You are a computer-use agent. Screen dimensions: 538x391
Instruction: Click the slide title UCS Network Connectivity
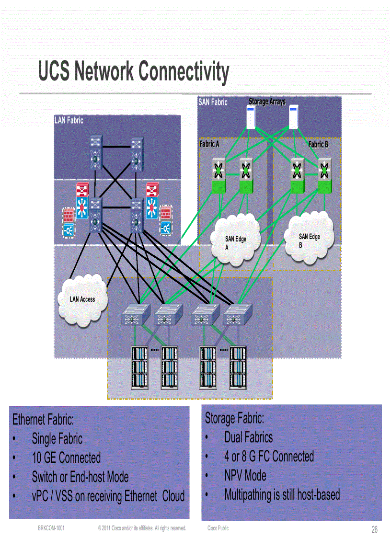point(134,71)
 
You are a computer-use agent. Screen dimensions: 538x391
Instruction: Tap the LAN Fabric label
point(69,120)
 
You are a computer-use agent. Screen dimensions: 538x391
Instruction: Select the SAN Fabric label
point(213,102)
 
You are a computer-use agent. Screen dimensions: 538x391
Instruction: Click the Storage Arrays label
point(267,102)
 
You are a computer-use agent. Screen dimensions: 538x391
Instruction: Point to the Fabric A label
point(209,144)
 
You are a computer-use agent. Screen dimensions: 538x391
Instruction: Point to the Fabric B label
point(318,144)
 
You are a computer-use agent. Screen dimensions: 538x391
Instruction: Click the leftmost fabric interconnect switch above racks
point(136,314)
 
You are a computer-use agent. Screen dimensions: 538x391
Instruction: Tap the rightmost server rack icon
point(238,367)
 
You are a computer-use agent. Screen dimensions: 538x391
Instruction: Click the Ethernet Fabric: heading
point(43,420)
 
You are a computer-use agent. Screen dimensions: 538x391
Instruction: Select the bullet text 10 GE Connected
point(66,458)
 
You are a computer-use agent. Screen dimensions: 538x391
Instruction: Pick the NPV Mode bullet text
point(245,476)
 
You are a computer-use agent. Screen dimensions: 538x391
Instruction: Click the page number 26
point(374,529)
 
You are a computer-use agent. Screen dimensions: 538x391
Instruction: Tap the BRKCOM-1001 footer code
point(51,528)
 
